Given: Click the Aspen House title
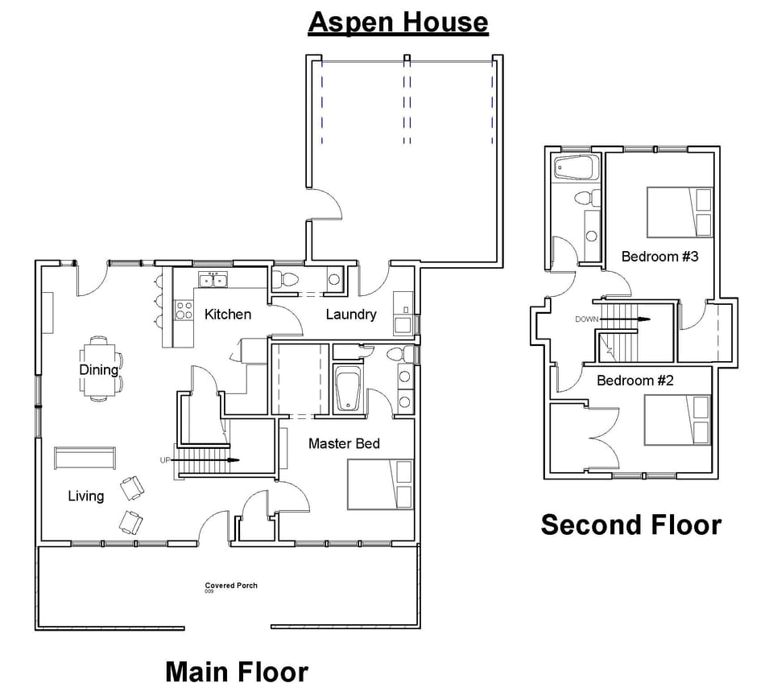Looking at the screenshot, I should [398, 23].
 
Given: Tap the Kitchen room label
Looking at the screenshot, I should [227, 314].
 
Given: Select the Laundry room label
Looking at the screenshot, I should [350, 314].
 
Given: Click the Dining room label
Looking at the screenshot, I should [98, 370].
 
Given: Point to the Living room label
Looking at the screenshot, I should [85, 496].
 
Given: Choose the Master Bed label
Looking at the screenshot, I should [344, 443].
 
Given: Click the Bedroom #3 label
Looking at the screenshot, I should [648, 256].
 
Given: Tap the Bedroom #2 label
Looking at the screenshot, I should [635, 380].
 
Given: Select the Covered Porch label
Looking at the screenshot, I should [231, 586].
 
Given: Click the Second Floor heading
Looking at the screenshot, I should [630, 525].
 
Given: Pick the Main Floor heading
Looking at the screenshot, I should [236, 670].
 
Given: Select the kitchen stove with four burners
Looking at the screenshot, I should [184, 310].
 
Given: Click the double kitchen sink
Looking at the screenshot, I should [213, 279].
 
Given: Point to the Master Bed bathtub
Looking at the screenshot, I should [348, 389].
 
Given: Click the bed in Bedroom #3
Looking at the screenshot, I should [680, 212].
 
